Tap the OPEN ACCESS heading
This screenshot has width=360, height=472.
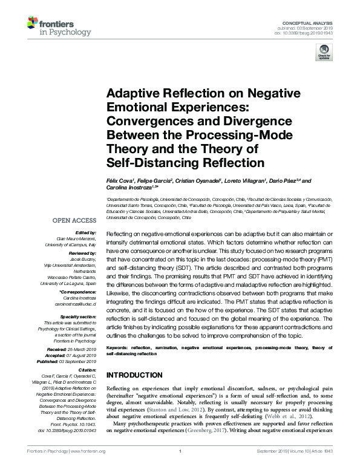(74, 221)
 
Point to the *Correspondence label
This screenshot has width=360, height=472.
(79, 292)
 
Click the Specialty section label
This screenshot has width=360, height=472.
(79, 316)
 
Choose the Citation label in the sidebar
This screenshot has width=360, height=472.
(88, 370)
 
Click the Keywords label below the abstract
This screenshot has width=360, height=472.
(118, 349)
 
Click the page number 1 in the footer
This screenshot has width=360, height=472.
(180, 468)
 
